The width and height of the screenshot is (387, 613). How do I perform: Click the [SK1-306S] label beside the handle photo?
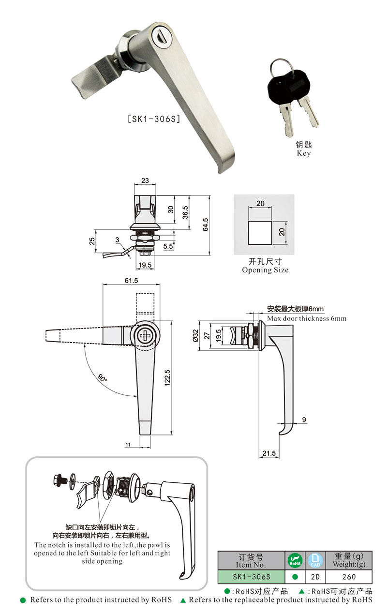(x=153, y=119)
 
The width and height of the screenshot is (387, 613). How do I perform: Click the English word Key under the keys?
(x=304, y=153)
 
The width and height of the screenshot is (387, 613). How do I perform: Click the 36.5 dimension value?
(x=185, y=213)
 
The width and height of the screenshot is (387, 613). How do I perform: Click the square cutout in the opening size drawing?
(x=260, y=232)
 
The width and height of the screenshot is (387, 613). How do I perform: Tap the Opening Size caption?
(x=265, y=270)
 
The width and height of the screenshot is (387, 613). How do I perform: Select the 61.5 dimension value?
(x=131, y=281)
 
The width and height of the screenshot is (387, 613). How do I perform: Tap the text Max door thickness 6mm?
(x=307, y=319)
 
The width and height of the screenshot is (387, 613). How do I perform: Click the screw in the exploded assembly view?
(x=60, y=481)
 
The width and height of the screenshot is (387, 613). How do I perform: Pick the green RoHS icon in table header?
(x=295, y=561)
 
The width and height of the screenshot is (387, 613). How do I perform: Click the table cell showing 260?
(x=349, y=577)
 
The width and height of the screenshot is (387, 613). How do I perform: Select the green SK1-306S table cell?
(x=251, y=577)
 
